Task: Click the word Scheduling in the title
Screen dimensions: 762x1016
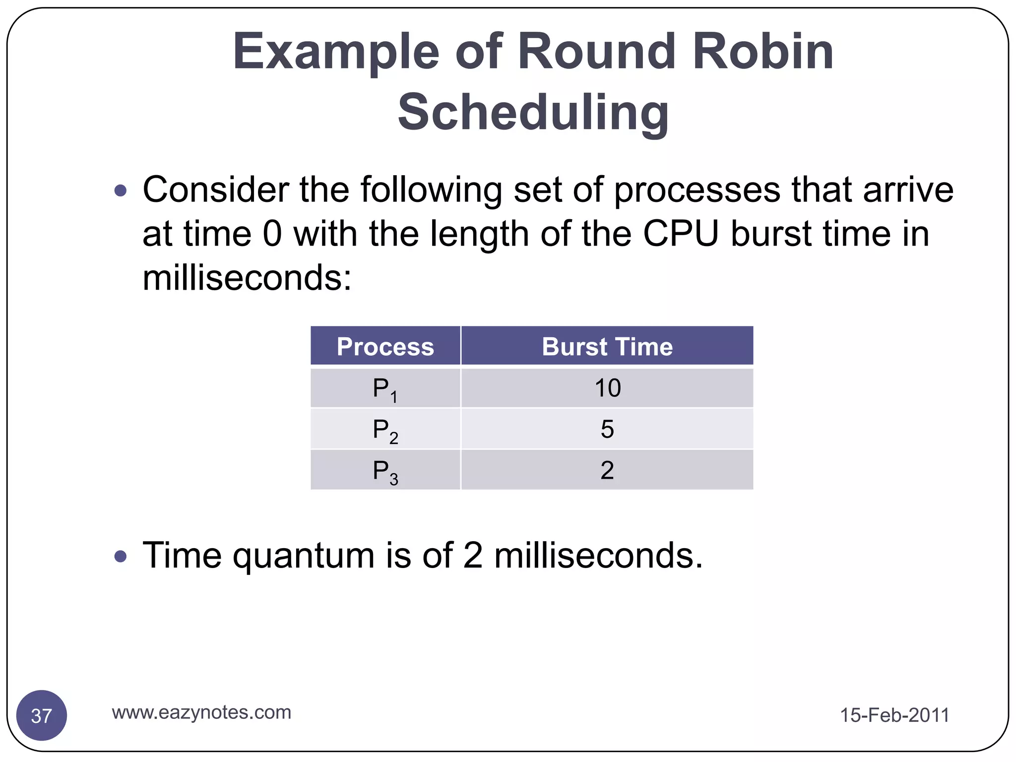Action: click(x=533, y=113)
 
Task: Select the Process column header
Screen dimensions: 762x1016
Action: click(x=385, y=346)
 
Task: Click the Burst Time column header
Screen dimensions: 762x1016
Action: click(x=607, y=346)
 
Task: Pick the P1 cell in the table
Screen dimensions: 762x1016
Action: click(x=385, y=388)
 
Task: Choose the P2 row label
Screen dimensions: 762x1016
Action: click(x=385, y=430)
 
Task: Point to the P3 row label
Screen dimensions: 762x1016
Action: click(x=385, y=471)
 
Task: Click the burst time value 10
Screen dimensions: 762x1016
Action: click(x=607, y=388)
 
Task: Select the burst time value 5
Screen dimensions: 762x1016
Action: click(x=607, y=429)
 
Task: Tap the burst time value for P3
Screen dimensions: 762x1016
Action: click(x=607, y=470)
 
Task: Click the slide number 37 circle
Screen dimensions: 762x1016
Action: click(x=42, y=715)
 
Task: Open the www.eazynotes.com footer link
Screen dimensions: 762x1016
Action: click(x=201, y=712)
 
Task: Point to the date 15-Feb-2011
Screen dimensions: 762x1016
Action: click(x=894, y=715)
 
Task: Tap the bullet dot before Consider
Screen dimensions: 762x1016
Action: click(x=120, y=190)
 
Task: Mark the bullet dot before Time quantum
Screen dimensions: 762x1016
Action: click(x=120, y=556)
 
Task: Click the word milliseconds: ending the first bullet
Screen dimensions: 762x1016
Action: click(x=247, y=278)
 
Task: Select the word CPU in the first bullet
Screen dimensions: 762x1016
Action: click(x=681, y=234)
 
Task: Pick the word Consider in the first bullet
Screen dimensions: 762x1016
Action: click(x=215, y=190)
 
